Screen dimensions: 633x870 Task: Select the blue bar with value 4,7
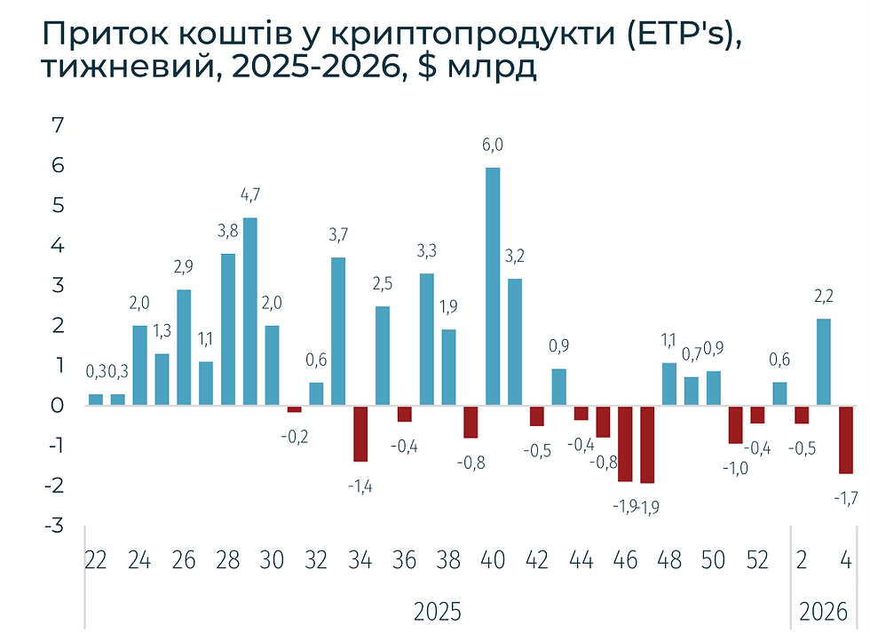250,311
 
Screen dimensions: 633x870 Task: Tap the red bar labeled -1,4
360,433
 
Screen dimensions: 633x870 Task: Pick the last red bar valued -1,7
846,439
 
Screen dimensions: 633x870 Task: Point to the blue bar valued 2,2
824,361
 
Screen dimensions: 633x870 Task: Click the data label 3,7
338,235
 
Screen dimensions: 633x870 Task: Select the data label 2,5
383,285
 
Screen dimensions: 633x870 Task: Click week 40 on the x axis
493,560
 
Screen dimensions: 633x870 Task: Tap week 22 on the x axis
96,560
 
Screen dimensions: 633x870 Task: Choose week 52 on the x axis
757,560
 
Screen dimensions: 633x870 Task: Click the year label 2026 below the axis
823,612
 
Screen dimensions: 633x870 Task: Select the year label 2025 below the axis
438,612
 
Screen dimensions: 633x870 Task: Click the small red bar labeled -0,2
294,409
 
